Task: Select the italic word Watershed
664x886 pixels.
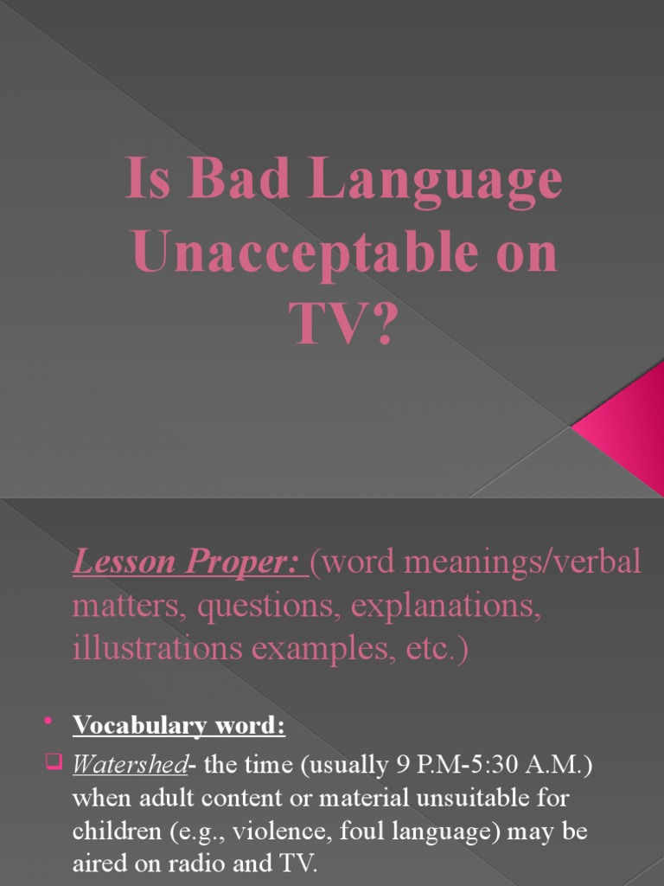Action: coord(130,765)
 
